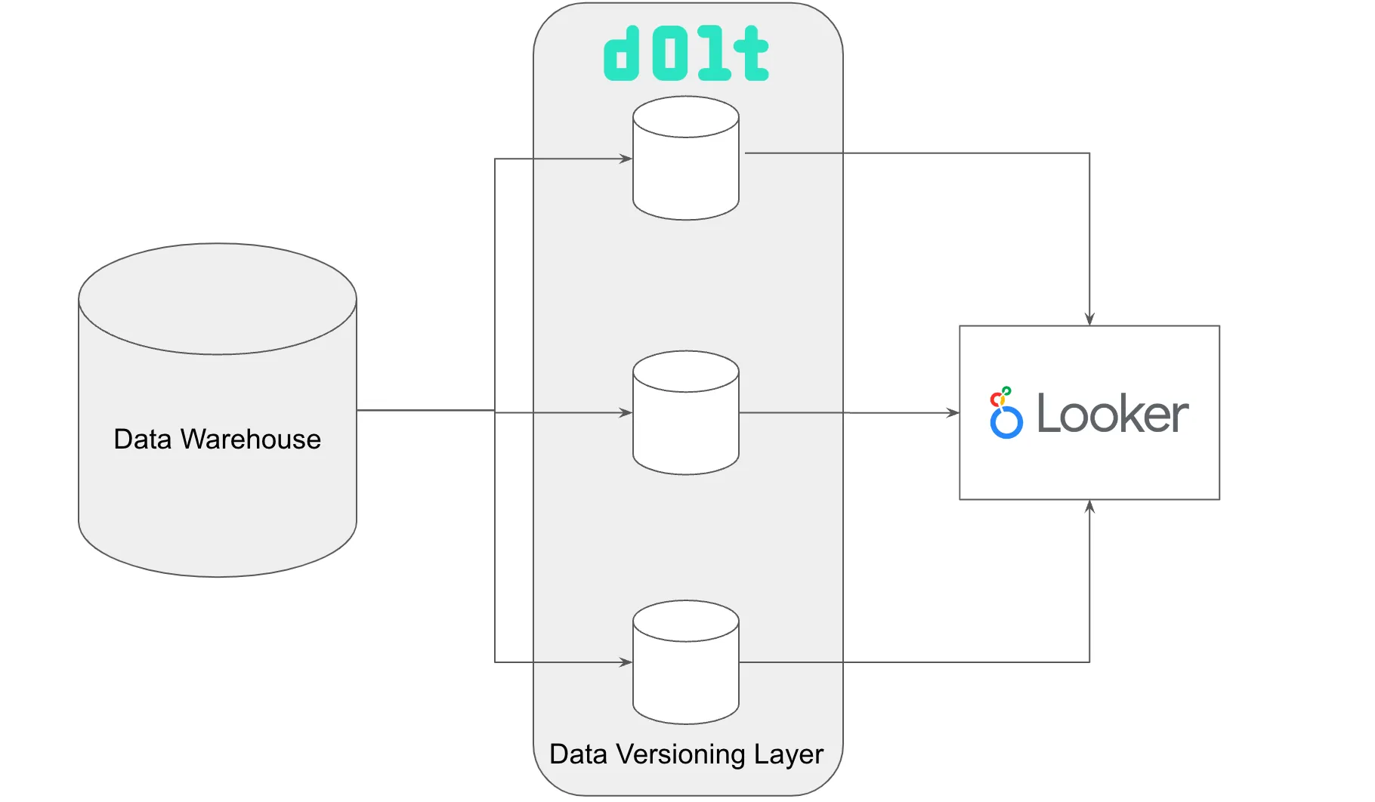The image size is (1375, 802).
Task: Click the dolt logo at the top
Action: tap(686, 54)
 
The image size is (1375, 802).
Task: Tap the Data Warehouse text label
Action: tap(217, 439)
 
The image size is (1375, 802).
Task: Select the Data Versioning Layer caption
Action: tap(686, 754)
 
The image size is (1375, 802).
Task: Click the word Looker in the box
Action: tap(1112, 414)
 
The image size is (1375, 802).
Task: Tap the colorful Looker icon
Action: tap(1006, 413)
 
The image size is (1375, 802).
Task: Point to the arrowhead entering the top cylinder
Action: tap(626, 159)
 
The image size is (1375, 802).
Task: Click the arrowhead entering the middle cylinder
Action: tap(626, 412)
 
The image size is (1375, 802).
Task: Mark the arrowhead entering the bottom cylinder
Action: tap(626, 662)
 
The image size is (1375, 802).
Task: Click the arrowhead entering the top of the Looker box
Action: tap(1089, 319)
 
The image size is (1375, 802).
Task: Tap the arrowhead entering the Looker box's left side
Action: tap(953, 412)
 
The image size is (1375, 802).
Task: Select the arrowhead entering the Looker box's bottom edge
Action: tap(1089, 507)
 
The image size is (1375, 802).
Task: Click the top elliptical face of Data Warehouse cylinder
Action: tap(218, 299)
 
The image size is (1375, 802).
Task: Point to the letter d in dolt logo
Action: tap(623, 54)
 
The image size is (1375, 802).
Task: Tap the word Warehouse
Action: tap(250, 439)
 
